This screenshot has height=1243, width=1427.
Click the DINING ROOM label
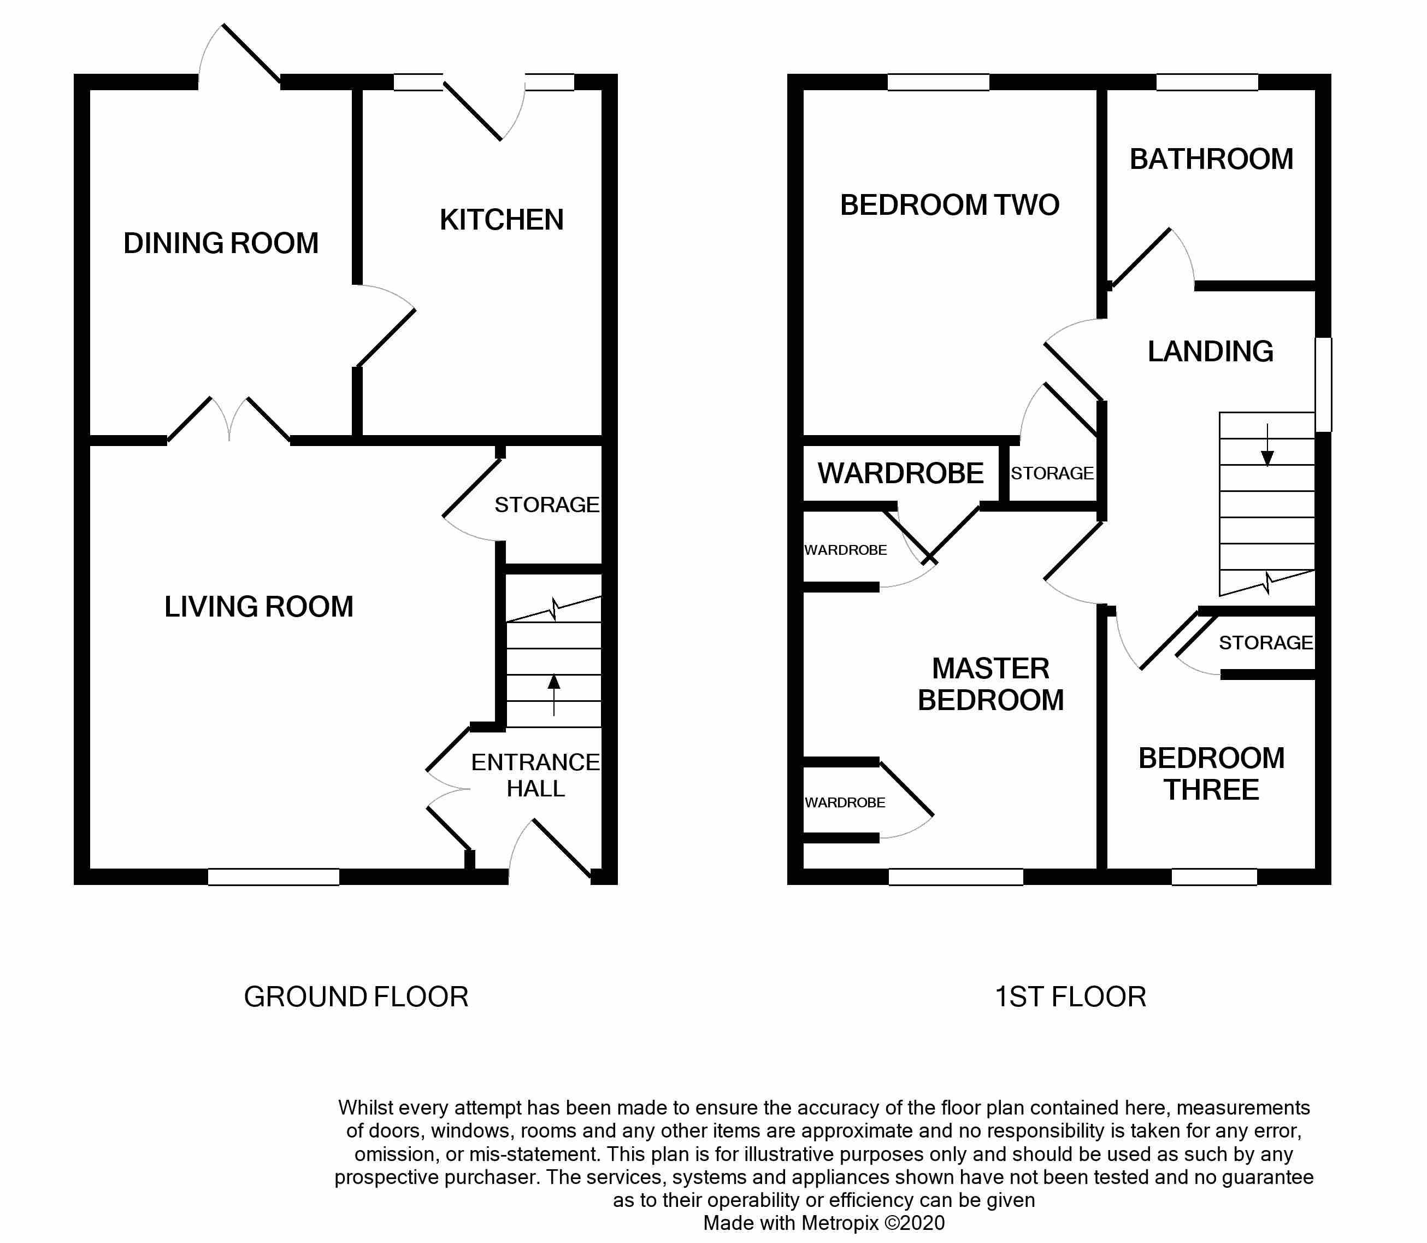tap(221, 243)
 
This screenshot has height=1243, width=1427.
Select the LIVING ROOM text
tap(258, 607)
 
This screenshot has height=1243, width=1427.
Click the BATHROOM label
tap(1211, 160)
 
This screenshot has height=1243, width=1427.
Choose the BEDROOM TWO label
tap(950, 206)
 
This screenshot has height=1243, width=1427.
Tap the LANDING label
tap(1210, 351)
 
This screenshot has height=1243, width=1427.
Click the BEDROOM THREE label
tap(1211, 774)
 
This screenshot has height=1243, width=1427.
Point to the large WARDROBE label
tap(900, 474)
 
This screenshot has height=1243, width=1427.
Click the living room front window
tap(273, 877)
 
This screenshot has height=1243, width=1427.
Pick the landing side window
tap(1323, 384)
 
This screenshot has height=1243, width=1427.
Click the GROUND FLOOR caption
tap(356, 998)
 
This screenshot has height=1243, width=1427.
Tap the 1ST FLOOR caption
tap(1070, 998)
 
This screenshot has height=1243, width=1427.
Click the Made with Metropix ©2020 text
tap(823, 1222)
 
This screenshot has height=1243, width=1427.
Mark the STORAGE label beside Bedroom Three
tap(1265, 643)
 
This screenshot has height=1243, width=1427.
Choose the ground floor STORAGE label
tap(546, 505)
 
